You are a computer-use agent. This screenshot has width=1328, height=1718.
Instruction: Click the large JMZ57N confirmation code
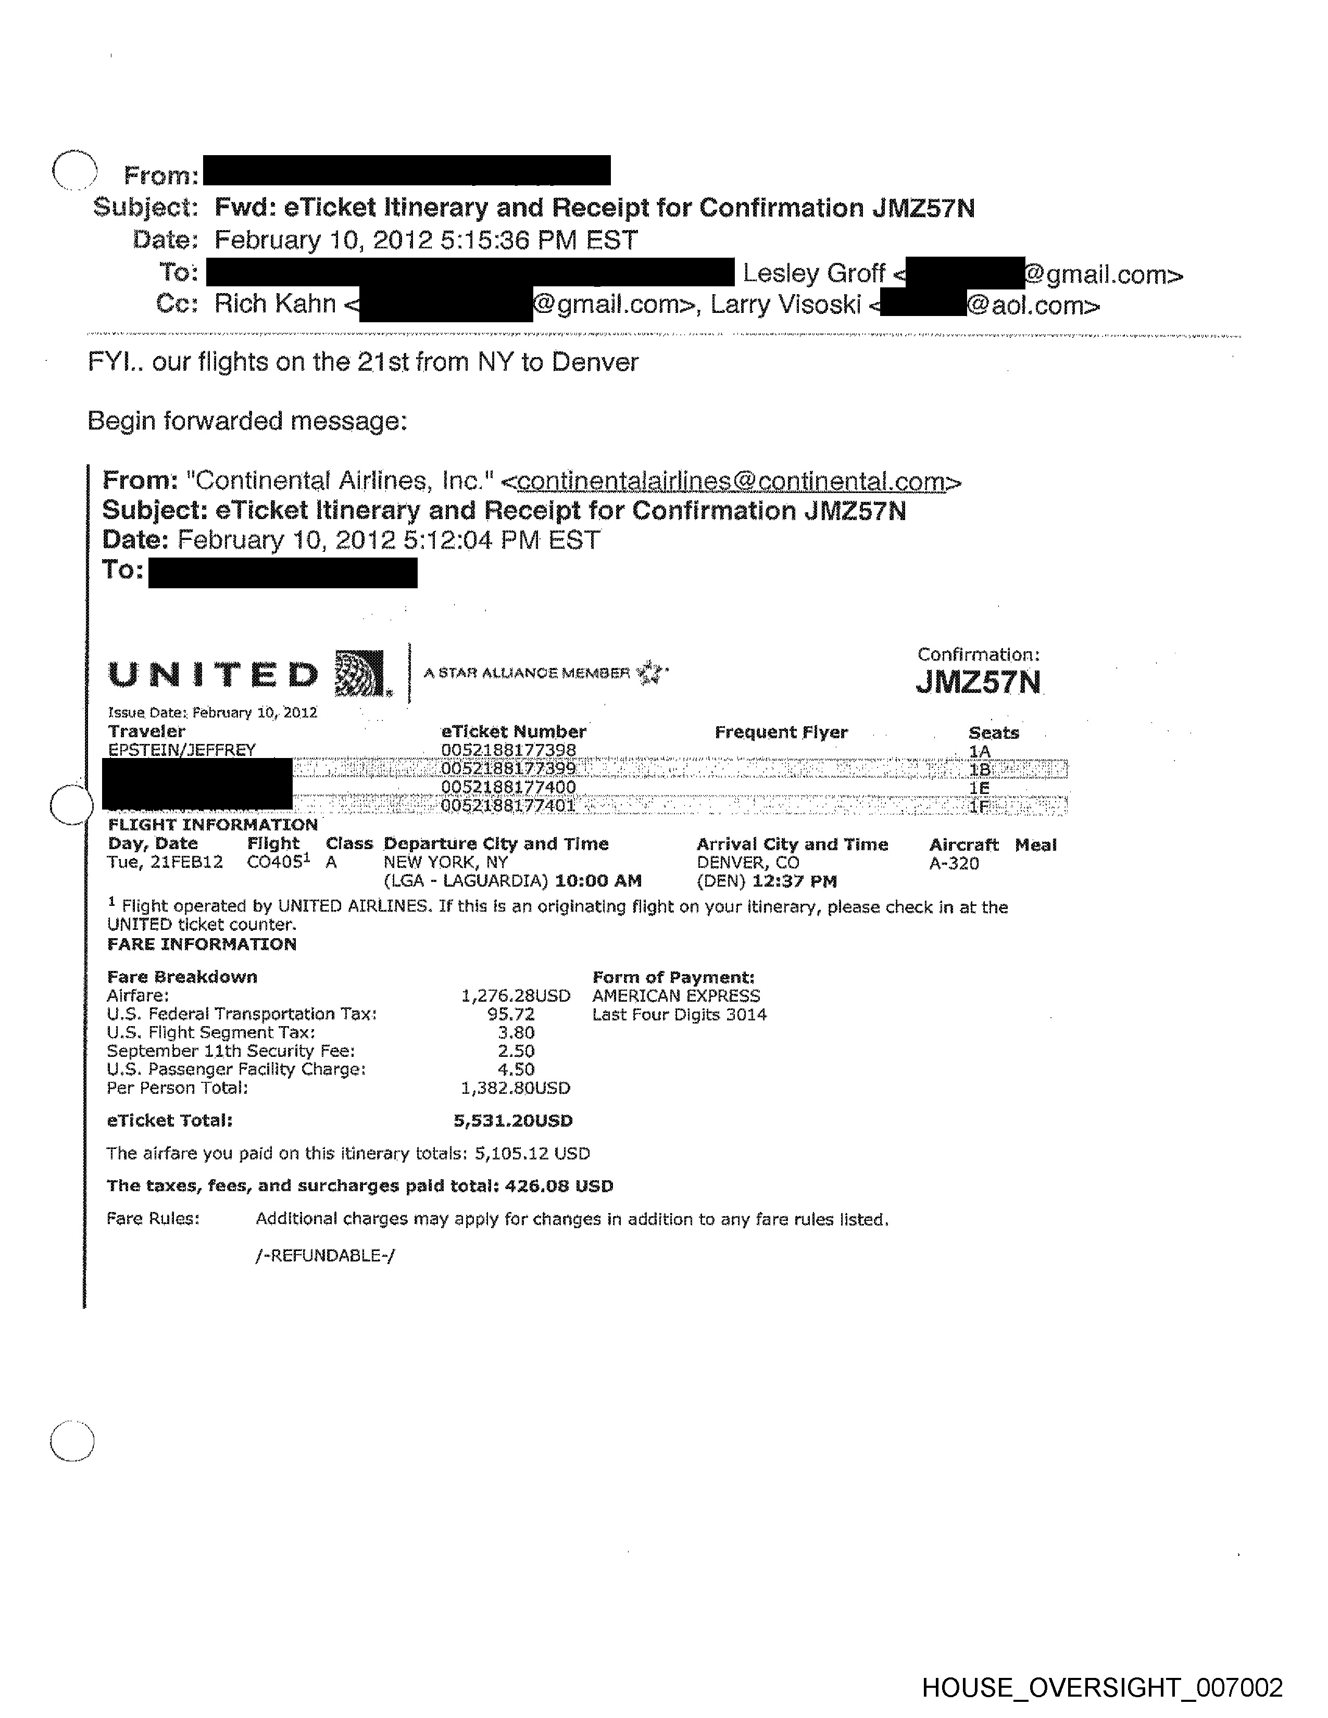pyautogui.click(x=978, y=682)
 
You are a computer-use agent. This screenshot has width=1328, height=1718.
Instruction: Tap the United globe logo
pyautogui.click(x=359, y=673)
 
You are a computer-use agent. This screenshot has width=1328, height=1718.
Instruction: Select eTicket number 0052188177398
pyautogui.click(x=508, y=750)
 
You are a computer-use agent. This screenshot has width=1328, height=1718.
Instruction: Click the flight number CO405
pyautogui.click(x=274, y=862)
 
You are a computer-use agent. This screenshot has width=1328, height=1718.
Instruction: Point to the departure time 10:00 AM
pyautogui.click(x=598, y=881)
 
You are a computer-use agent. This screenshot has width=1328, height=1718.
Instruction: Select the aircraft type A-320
pyautogui.click(x=954, y=863)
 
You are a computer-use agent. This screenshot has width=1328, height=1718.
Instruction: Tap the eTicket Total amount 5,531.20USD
pyautogui.click(x=513, y=1120)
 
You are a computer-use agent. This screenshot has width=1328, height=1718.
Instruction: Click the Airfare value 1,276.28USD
pyautogui.click(x=515, y=996)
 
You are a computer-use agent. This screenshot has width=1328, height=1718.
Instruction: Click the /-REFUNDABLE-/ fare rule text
pyautogui.click(x=325, y=1256)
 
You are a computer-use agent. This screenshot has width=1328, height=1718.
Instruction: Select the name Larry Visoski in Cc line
pyautogui.click(x=785, y=305)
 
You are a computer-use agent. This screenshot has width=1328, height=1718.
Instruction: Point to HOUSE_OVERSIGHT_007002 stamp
pyautogui.click(x=1101, y=1687)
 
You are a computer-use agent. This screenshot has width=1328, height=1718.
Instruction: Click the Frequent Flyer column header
pyautogui.click(x=781, y=732)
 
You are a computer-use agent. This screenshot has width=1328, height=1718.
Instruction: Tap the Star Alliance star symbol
pyautogui.click(x=650, y=673)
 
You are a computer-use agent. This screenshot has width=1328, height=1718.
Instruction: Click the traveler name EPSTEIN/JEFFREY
pyautogui.click(x=182, y=750)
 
